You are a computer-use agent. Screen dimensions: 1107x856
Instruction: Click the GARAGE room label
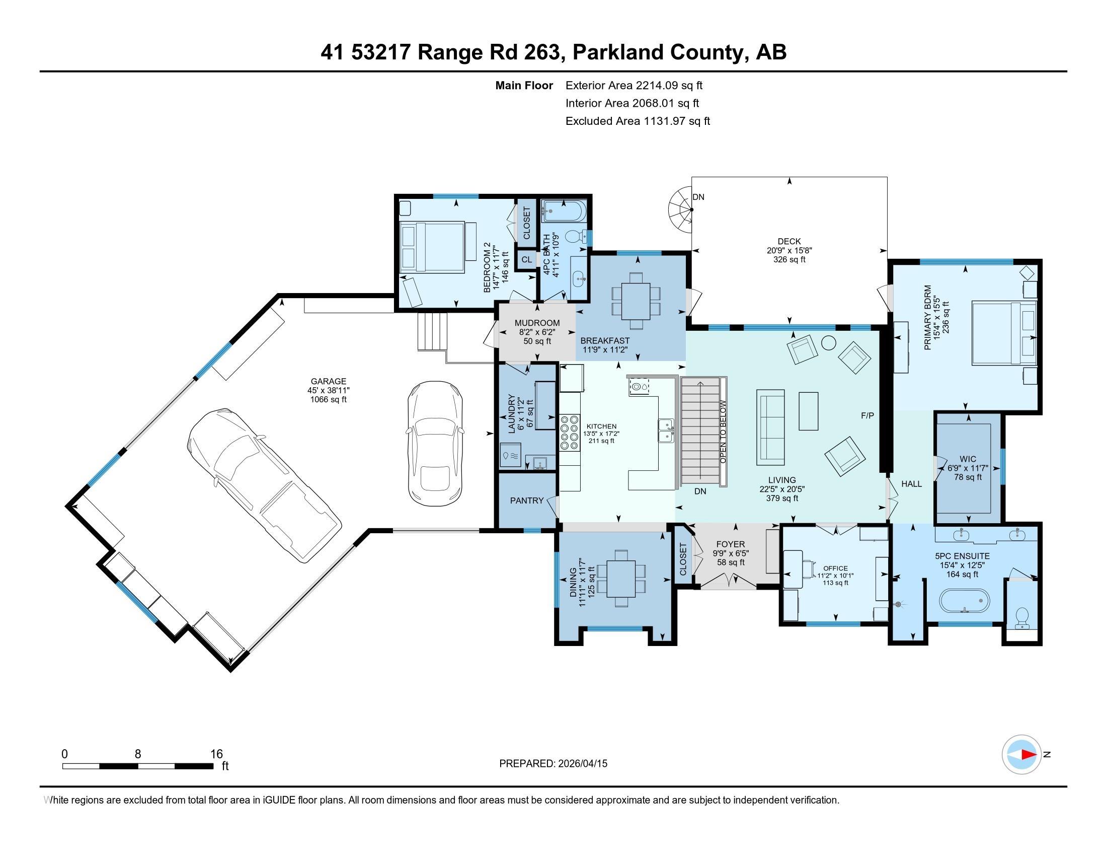tap(329, 381)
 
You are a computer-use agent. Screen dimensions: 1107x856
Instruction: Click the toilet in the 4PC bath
tap(575, 236)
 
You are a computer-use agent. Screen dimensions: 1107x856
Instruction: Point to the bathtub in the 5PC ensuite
tap(965, 601)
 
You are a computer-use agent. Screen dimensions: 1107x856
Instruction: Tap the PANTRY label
tap(527, 501)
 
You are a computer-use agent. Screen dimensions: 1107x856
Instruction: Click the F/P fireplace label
tap(867, 416)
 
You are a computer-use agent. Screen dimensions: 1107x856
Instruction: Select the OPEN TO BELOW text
tap(723, 432)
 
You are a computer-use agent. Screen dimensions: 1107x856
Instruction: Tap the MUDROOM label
tap(537, 323)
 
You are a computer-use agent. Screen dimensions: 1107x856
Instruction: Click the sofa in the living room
tap(770, 427)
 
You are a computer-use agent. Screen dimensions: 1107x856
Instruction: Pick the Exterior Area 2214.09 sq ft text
tap(634, 86)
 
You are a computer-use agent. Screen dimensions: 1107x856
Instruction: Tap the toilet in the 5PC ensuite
tap(1022, 618)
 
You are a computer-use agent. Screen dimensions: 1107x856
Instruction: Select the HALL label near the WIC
tap(911, 484)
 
